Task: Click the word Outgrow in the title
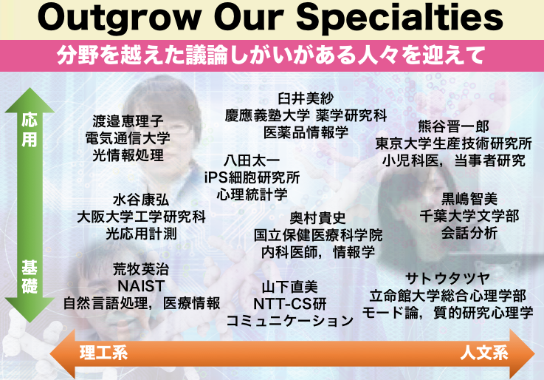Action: click(x=120, y=17)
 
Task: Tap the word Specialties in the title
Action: click(x=399, y=17)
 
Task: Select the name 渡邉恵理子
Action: click(x=128, y=121)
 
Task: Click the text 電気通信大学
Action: click(x=128, y=138)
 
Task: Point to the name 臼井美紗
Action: click(x=306, y=98)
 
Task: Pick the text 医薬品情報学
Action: click(x=306, y=132)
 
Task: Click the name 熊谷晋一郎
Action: click(x=453, y=126)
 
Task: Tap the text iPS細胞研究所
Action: click(x=252, y=177)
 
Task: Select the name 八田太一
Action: click(x=252, y=160)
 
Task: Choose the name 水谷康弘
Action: click(x=141, y=200)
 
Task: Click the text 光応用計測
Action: click(x=141, y=234)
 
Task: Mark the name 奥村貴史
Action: click(x=318, y=218)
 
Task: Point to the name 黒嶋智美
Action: click(x=469, y=199)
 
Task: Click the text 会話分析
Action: click(x=469, y=233)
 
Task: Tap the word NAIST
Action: click(x=141, y=286)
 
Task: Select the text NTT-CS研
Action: click(x=290, y=304)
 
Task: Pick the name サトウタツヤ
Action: click(x=447, y=279)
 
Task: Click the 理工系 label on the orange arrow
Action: click(x=104, y=353)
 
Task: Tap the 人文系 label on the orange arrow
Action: click(x=484, y=353)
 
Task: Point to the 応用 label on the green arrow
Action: click(x=30, y=130)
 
